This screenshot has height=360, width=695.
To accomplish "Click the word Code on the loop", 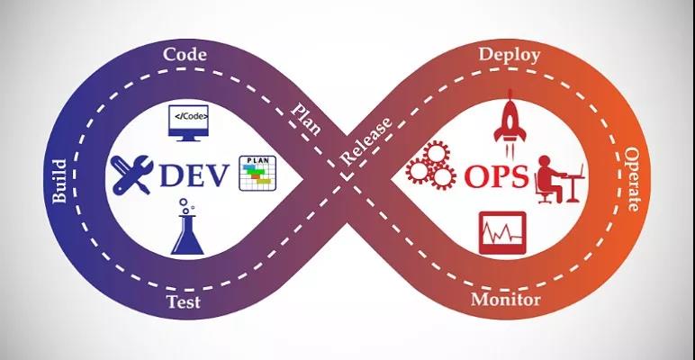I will (185, 55).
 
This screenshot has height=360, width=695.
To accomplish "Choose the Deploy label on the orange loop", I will (510, 55).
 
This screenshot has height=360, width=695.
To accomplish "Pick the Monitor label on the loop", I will (506, 300).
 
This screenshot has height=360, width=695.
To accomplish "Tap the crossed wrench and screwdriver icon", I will (134, 175).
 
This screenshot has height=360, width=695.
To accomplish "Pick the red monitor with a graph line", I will (501, 232).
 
